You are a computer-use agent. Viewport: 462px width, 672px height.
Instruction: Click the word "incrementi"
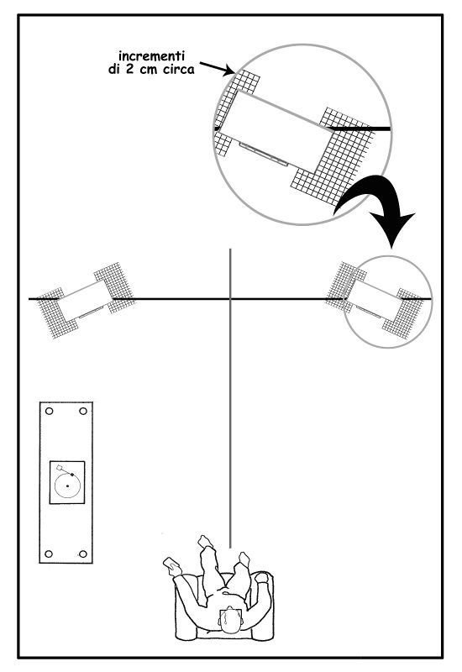point(151,55)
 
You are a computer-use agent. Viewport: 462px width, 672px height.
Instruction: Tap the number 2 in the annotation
point(129,70)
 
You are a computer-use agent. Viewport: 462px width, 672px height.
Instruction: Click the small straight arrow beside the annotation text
point(217,69)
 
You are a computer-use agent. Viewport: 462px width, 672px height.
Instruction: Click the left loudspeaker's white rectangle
point(85,299)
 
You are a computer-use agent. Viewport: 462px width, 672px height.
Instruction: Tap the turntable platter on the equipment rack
point(68,486)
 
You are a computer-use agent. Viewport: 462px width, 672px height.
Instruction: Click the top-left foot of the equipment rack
point(49,412)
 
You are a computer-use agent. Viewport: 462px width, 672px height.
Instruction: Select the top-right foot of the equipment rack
point(83,412)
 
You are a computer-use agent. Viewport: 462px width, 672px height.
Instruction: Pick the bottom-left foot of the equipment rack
point(49,554)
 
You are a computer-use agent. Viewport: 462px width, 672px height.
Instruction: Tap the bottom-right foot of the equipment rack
point(83,554)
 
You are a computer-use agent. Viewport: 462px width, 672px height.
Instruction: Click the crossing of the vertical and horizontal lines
point(230,299)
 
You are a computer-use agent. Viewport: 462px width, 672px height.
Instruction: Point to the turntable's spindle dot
point(68,486)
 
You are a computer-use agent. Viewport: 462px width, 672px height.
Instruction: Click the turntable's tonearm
point(66,470)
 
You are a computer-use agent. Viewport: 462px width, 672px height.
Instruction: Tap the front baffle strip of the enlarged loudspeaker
point(264,154)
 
